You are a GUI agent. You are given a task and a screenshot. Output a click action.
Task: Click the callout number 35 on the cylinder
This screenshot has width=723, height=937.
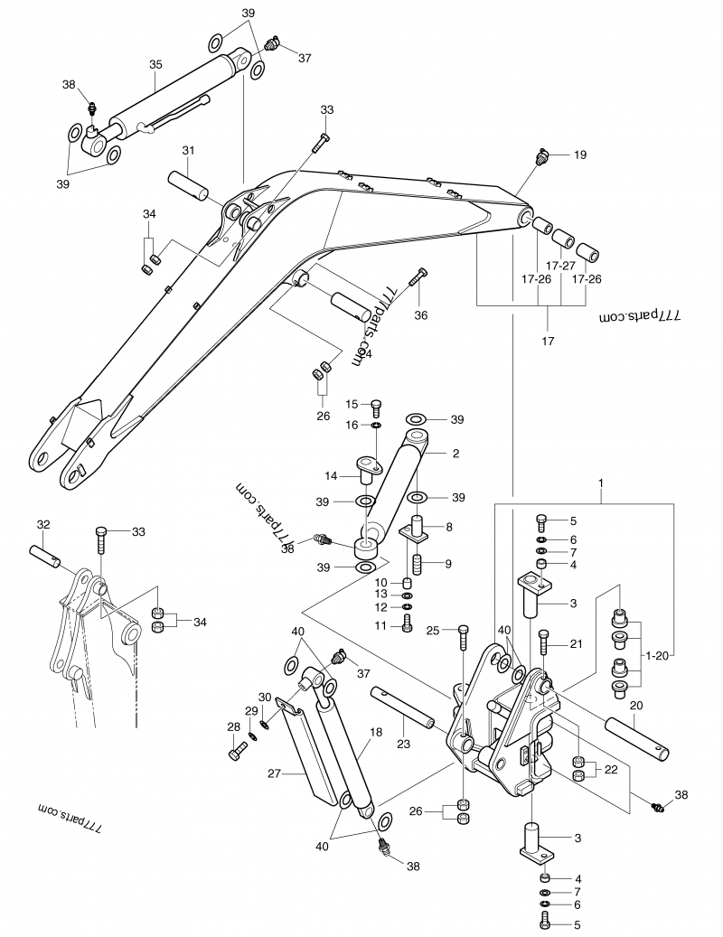click(155, 65)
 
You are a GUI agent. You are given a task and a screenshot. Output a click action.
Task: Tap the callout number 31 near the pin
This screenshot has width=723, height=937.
click(188, 151)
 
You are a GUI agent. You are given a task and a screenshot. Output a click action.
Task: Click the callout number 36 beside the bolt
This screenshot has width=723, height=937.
click(421, 315)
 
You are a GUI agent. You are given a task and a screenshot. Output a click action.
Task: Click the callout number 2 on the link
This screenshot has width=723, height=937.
click(455, 453)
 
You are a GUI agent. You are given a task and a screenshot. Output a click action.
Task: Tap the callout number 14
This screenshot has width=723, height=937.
click(332, 475)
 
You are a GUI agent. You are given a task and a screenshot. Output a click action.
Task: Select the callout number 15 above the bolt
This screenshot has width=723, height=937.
click(352, 404)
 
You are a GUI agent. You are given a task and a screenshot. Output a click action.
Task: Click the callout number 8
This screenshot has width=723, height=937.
click(449, 526)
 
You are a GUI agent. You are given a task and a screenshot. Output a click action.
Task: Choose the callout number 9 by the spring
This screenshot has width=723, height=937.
click(449, 564)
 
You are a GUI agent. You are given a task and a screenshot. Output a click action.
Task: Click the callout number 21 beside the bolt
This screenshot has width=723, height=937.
click(576, 643)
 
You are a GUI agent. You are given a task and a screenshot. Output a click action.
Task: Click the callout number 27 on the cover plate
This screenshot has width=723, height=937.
click(275, 773)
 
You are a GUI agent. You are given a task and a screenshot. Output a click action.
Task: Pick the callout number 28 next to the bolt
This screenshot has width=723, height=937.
click(233, 726)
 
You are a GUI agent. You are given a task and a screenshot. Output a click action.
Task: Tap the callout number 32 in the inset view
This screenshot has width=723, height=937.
click(42, 525)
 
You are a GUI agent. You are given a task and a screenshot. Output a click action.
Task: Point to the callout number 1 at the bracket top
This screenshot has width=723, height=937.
click(602, 485)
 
